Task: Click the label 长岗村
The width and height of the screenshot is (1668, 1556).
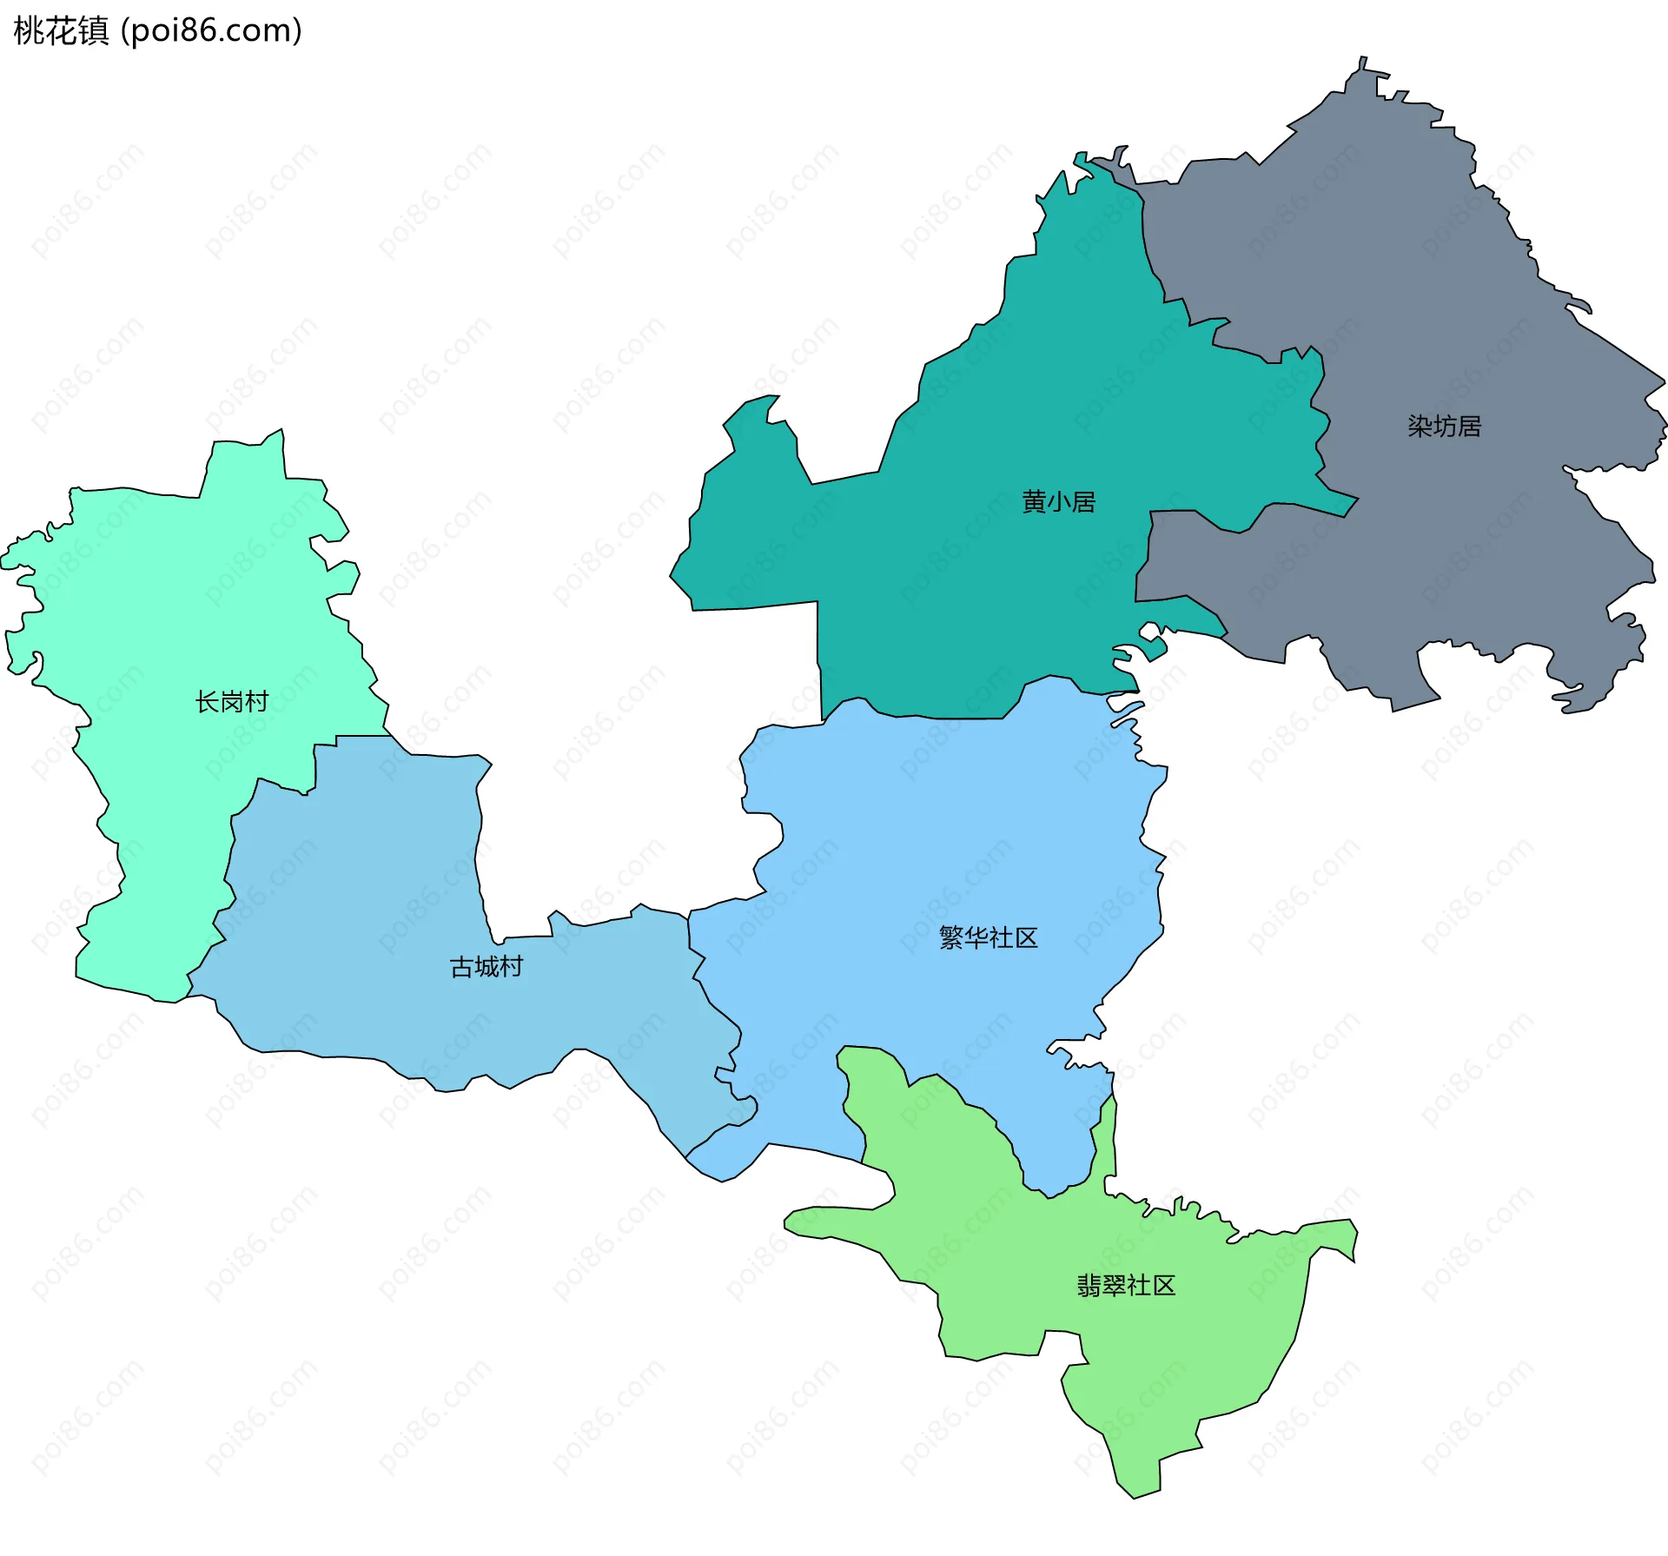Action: [x=232, y=702]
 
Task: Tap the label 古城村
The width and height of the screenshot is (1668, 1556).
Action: [x=486, y=967]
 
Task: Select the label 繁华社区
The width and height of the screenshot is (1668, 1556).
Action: [x=989, y=938]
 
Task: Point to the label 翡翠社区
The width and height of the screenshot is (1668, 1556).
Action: [x=1126, y=1286]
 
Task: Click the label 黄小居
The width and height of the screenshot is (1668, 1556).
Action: [x=1058, y=502]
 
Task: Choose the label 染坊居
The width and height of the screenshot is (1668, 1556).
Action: [x=1444, y=427]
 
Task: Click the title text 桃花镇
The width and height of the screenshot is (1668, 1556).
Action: [x=61, y=30]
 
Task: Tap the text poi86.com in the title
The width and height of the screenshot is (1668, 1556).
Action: [x=211, y=30]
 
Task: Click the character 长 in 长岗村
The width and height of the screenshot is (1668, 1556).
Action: [x=208, y=702]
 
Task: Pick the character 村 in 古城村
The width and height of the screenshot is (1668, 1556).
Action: [x=512, y=967]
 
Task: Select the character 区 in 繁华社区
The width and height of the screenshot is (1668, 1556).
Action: [x=1027, y=938]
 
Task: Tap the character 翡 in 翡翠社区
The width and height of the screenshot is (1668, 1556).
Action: [x=1089, y=1286]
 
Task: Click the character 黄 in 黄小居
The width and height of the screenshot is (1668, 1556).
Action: [x=1034, y=502]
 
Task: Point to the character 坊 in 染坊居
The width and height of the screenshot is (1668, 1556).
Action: [x=1444, y=427]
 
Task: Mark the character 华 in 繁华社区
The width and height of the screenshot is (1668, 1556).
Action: [x=976, y=938]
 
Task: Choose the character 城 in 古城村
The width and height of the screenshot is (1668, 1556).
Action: [x=486, y=967]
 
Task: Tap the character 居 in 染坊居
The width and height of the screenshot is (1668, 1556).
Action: [x=1469, y=427]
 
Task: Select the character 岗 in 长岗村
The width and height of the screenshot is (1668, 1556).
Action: [x=232, y=702]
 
